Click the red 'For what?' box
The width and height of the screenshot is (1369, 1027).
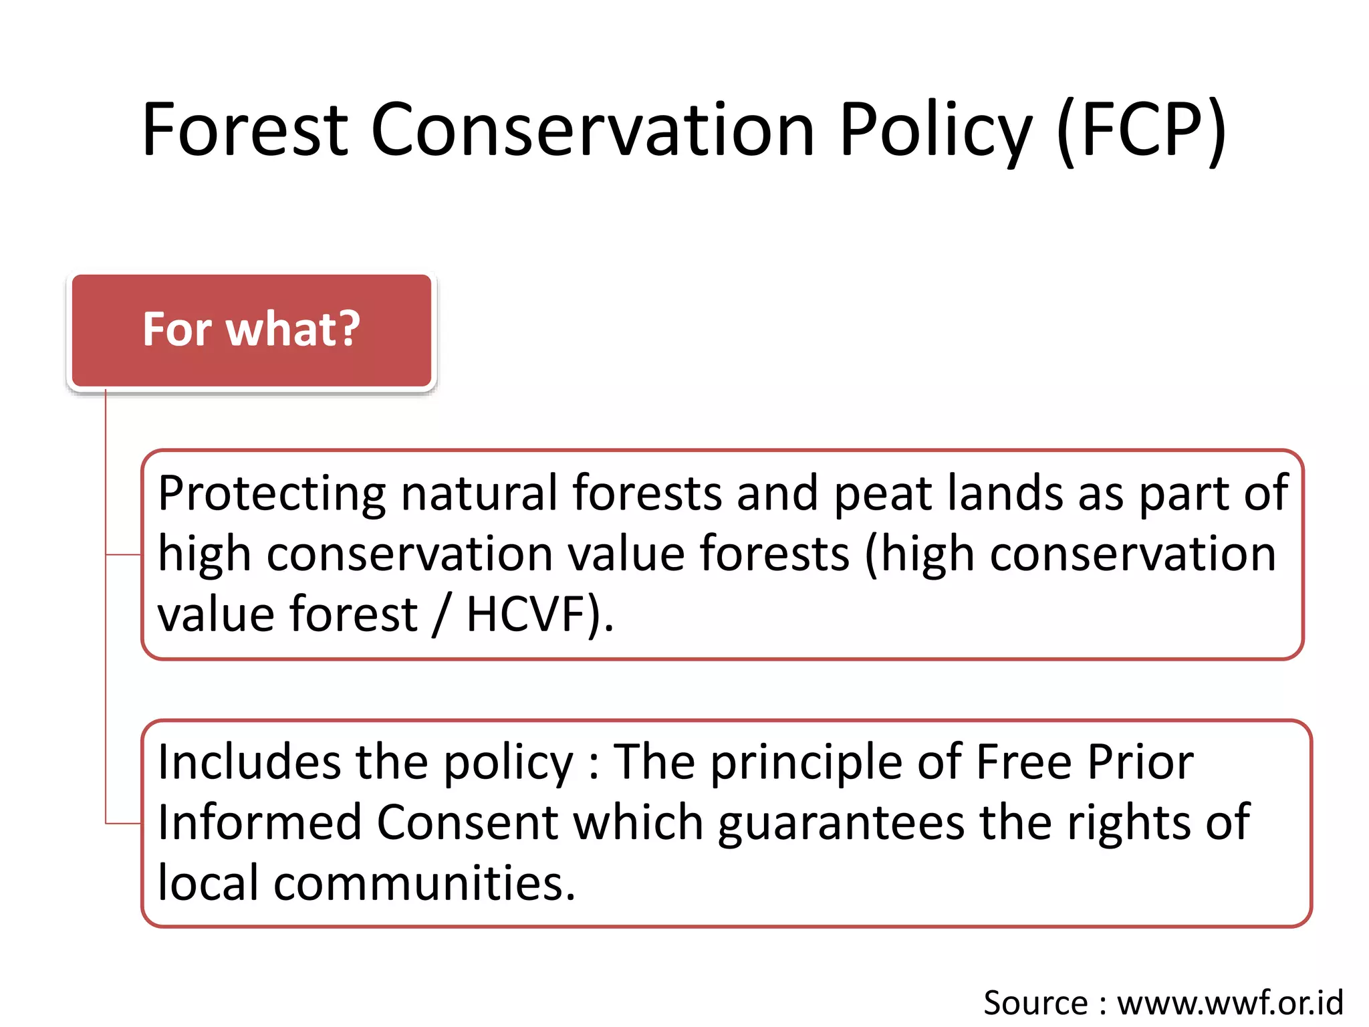point(251,330)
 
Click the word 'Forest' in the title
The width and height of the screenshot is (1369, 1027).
point(245,130)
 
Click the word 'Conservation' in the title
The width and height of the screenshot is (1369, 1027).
point(592,130)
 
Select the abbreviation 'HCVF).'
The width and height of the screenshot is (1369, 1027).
point(539,614)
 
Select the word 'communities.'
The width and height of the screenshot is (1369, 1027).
point(424,883)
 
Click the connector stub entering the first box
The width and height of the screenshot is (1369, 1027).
point(124,554)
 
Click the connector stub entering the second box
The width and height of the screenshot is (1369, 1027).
point(124,823)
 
